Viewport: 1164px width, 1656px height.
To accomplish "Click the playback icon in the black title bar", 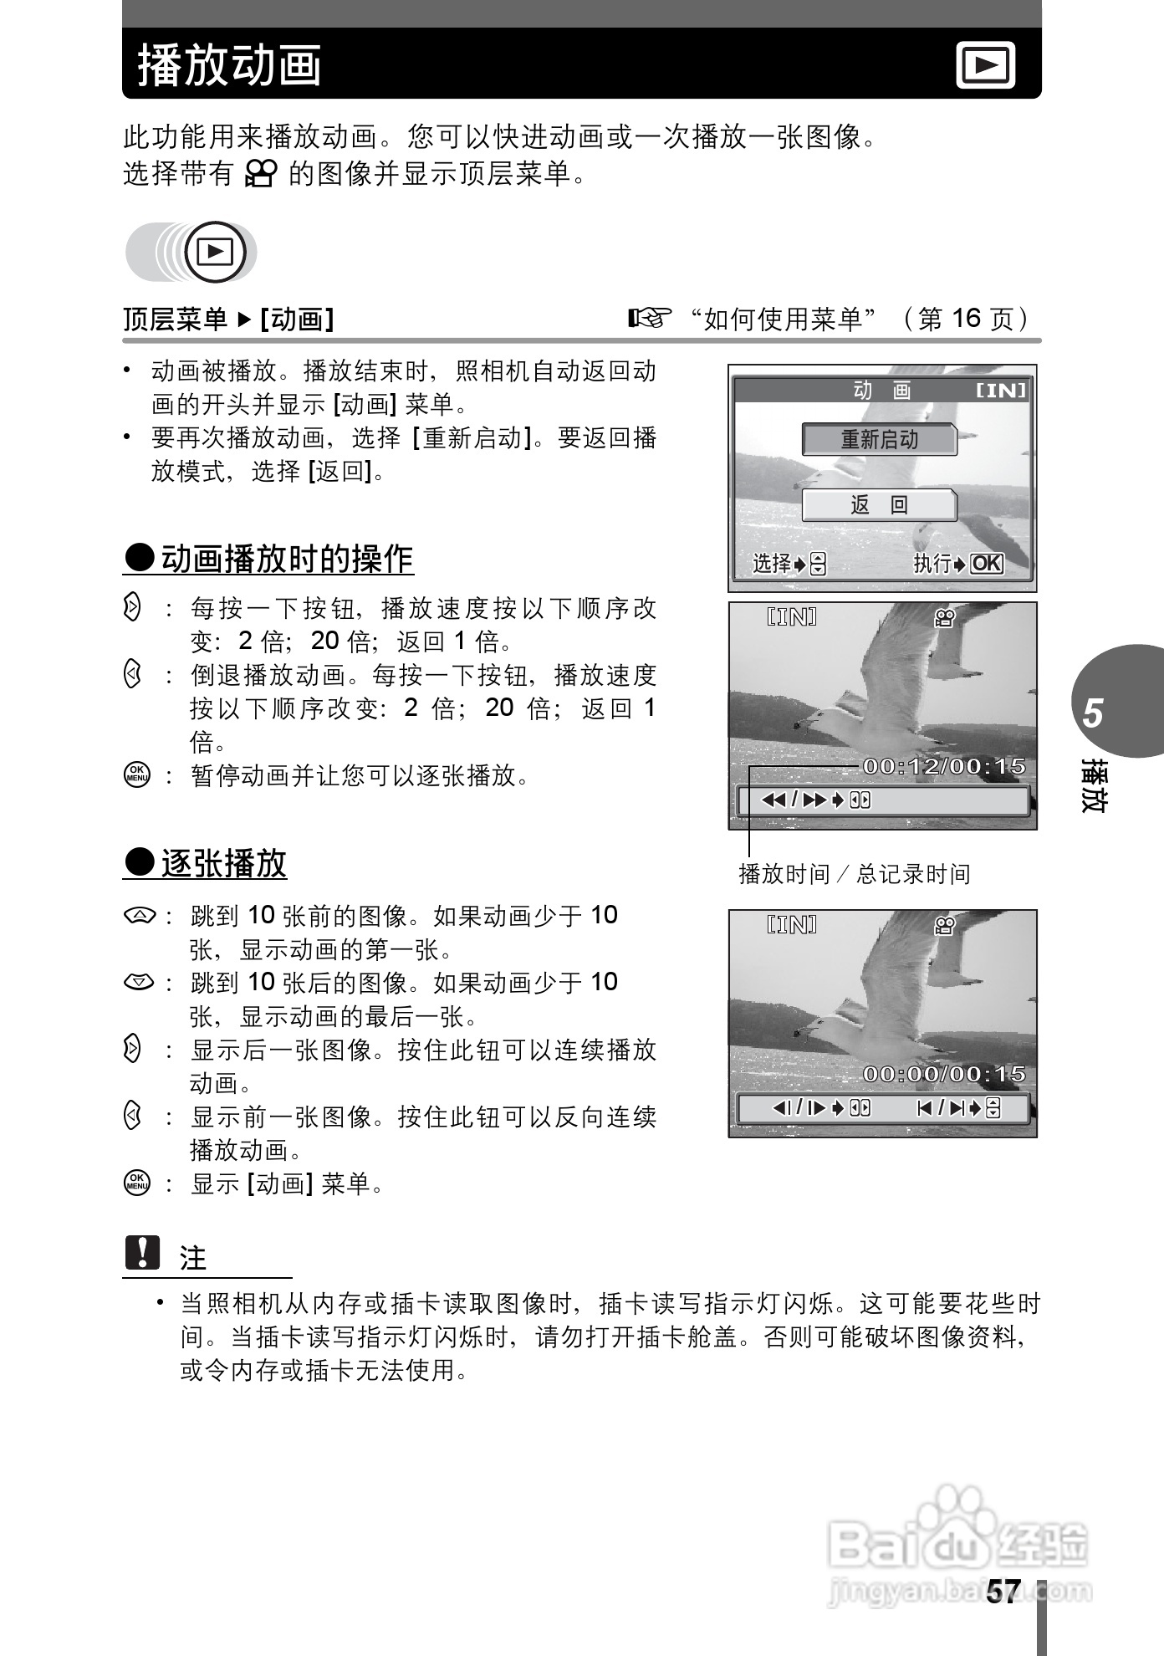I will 986,64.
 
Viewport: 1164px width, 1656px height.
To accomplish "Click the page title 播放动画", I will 230,65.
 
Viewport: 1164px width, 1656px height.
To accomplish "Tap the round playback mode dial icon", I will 215,252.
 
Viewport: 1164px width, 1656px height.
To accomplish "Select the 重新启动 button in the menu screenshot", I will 879,439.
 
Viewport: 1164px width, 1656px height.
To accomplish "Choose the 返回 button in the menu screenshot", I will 879,505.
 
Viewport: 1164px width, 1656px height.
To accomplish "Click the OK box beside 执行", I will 987,564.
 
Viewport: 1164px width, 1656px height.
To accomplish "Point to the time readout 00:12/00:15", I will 944,766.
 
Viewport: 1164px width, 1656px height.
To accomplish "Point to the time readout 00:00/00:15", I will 944,1074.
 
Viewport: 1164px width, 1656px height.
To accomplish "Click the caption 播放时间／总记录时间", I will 854,874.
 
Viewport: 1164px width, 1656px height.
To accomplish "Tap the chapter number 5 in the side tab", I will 1093,713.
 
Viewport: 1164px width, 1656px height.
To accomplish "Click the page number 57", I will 1003,1592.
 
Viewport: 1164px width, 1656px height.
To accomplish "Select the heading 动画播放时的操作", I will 287,559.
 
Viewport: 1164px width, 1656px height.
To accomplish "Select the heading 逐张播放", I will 223,863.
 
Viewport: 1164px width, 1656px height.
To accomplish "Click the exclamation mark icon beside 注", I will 142,1252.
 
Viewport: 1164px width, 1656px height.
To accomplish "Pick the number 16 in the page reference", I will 966,318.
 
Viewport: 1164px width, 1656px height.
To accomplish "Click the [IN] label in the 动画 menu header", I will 1001,391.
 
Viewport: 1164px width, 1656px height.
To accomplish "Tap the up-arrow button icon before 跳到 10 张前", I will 138,916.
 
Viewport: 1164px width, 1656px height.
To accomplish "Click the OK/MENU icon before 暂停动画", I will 136,774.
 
